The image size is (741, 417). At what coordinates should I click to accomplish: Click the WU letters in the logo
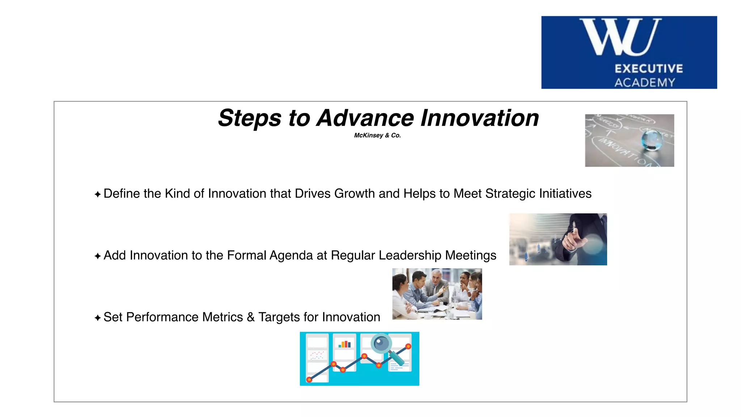pos(620,37)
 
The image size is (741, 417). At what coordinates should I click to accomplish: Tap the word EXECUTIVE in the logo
pos(649,68)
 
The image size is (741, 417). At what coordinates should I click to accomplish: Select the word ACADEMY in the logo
pos(645,83)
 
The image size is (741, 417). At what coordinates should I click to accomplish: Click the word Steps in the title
pos(250,118)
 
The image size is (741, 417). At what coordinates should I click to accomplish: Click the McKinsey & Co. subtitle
pos(377,135)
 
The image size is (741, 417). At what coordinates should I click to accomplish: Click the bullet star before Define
pos(97,195)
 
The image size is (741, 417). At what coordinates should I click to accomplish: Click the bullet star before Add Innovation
pos(97,256)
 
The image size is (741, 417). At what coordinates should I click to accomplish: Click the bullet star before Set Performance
pos(97,318)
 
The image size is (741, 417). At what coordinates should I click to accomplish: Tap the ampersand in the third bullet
pos(251,317)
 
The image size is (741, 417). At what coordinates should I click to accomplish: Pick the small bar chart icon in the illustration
pos(344,344)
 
